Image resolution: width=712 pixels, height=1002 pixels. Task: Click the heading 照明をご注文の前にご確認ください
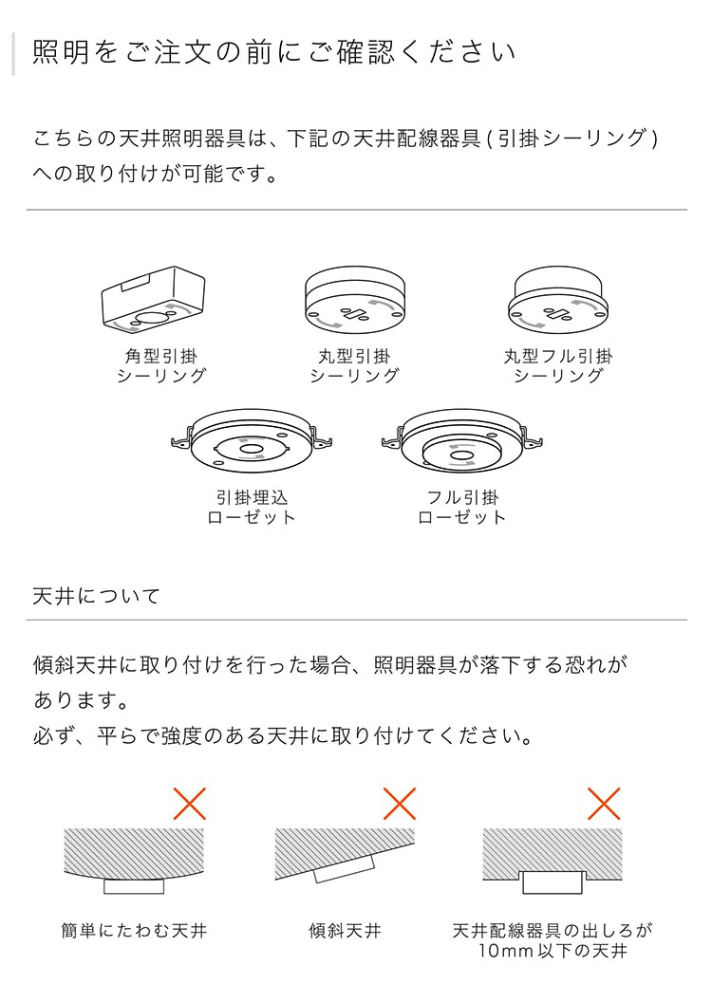(274, 52)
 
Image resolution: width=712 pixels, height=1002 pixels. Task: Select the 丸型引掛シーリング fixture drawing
(354, 299)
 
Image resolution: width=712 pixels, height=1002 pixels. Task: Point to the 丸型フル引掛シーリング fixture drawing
(557, 299)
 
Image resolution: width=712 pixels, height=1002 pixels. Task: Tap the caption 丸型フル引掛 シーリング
(558, 366)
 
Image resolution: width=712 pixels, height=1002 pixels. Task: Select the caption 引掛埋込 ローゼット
(252, 508)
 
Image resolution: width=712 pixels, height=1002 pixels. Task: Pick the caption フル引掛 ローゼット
(462, 508)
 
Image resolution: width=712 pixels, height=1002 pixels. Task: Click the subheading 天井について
(97, 597)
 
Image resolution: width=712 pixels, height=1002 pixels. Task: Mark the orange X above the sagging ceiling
(190, 804)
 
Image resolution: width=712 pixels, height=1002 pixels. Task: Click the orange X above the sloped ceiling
(400, 804)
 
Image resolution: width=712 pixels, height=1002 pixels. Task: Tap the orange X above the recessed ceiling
(604, 804)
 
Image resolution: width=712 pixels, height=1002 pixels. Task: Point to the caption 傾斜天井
(346, 931)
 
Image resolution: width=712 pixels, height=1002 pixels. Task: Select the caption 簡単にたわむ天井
(134, 931)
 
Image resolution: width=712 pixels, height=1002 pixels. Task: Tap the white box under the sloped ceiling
(346, 870)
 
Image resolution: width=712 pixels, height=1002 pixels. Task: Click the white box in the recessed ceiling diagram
(553, 881)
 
